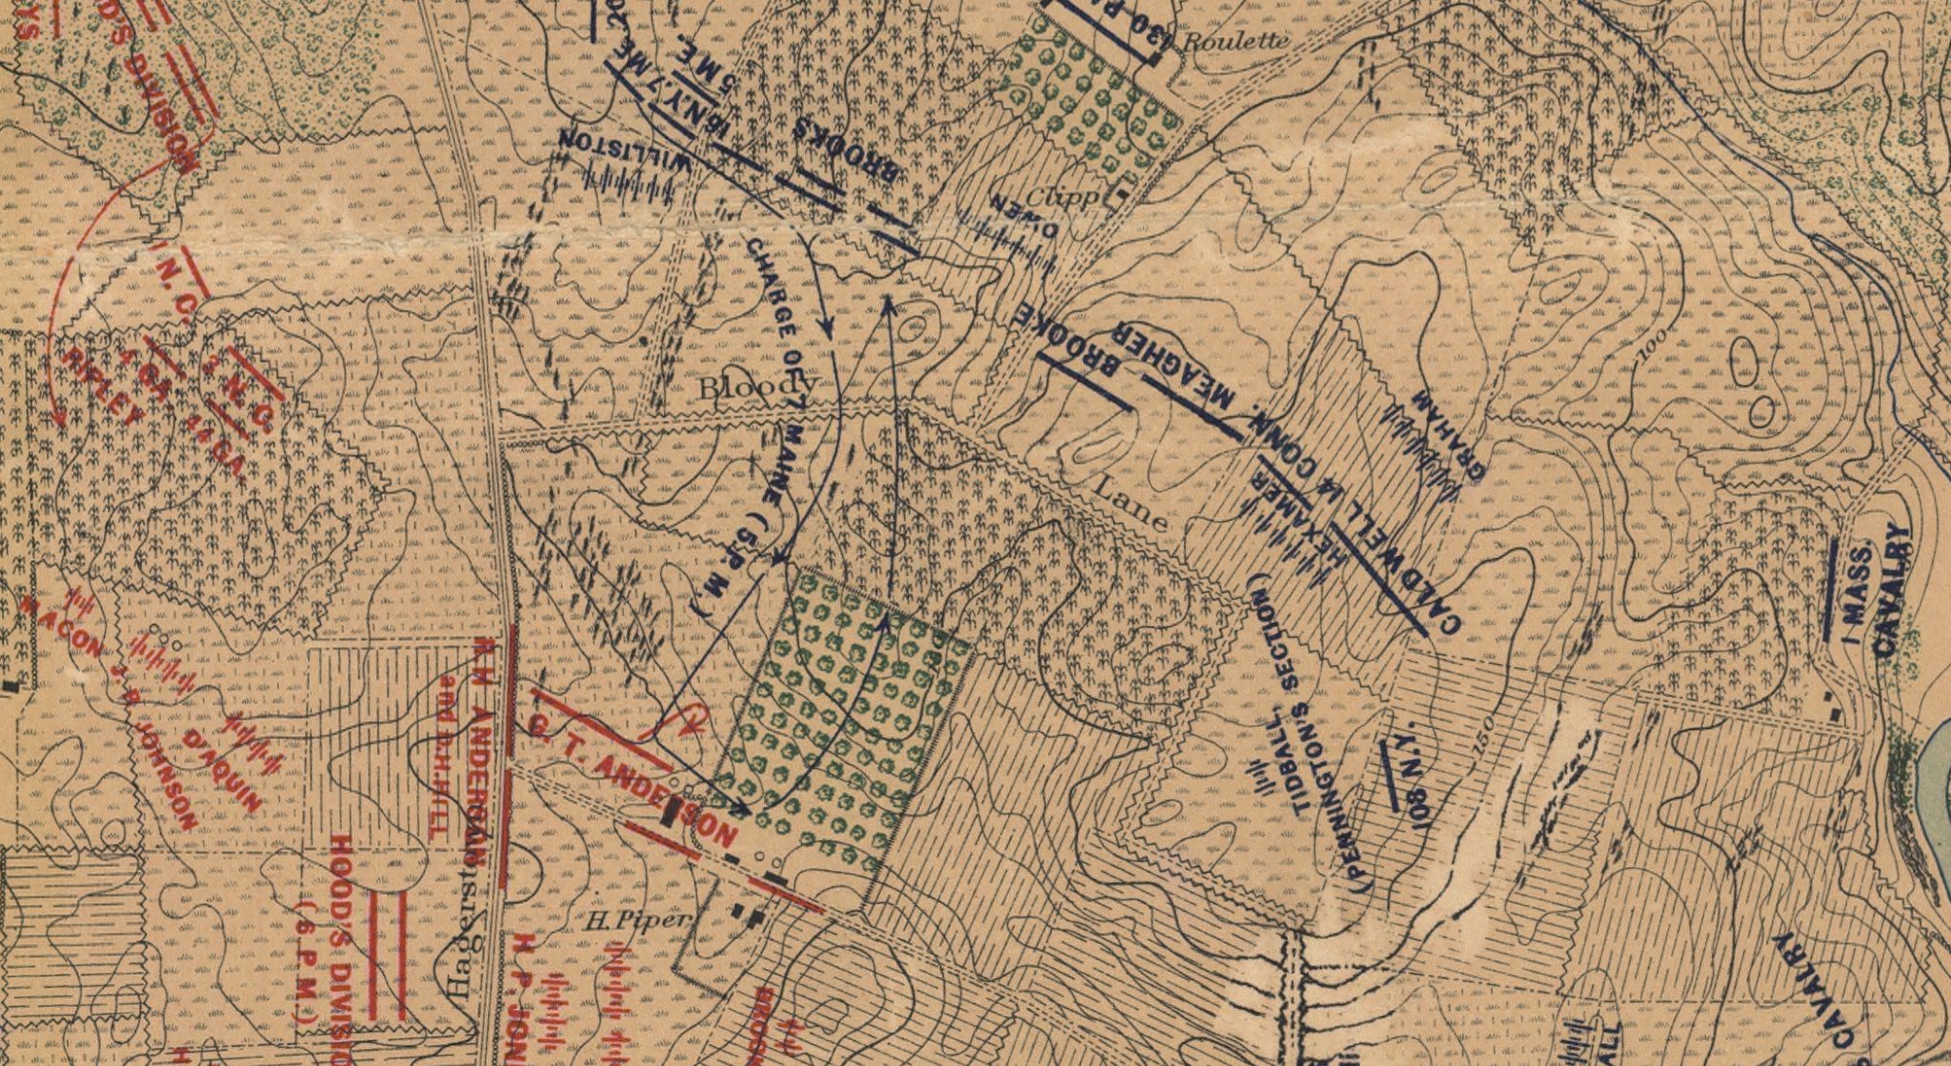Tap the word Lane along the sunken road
click(x=1129, y=503)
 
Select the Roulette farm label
click(x=1236, y=41)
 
